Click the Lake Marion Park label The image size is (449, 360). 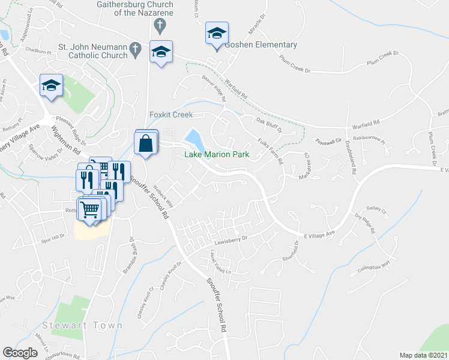coord(217,154)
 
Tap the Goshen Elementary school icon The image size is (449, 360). coord(217,34)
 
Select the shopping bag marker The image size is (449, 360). coord(146,143)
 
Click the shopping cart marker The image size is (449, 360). coord(90,211)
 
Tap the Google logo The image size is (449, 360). coord(20,353)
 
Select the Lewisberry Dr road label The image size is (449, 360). coord(231,238)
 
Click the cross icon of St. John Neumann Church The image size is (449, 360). coord(136,47)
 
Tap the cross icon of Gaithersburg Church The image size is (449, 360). coord(159,25)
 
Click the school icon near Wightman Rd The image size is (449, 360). coord(52,86)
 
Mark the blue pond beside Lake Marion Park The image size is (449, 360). coord(194,140)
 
